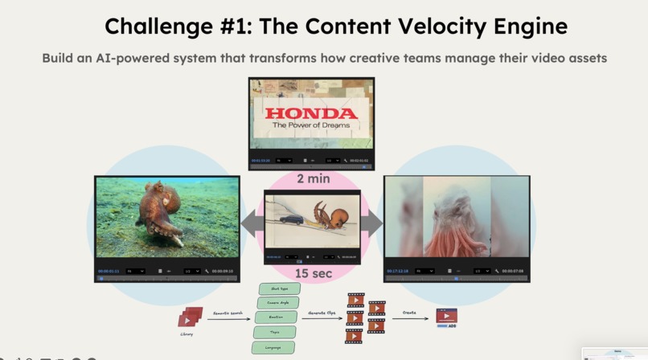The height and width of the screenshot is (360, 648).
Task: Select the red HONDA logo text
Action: coord(311,113)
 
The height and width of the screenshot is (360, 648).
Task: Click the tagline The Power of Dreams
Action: coord(311,125)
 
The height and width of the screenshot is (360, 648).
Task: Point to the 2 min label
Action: coord(313,178)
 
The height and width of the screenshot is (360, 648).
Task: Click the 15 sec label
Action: coord(313,273)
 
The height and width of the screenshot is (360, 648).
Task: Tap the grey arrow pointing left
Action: coord(252,221)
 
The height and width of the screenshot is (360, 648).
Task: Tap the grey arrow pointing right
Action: coord(371,221)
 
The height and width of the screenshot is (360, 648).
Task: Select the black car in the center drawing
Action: coord(291,218)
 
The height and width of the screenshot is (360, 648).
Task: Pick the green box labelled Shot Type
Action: coord(279,288)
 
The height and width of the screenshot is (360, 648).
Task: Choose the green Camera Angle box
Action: coord(277,303)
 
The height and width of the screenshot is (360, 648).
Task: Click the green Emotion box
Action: coord(276,317)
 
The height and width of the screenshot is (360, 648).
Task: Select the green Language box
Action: coord(274,347)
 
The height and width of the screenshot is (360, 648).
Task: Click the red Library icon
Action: coord(190,318)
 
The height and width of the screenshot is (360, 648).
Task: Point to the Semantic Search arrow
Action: coord(230,319)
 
